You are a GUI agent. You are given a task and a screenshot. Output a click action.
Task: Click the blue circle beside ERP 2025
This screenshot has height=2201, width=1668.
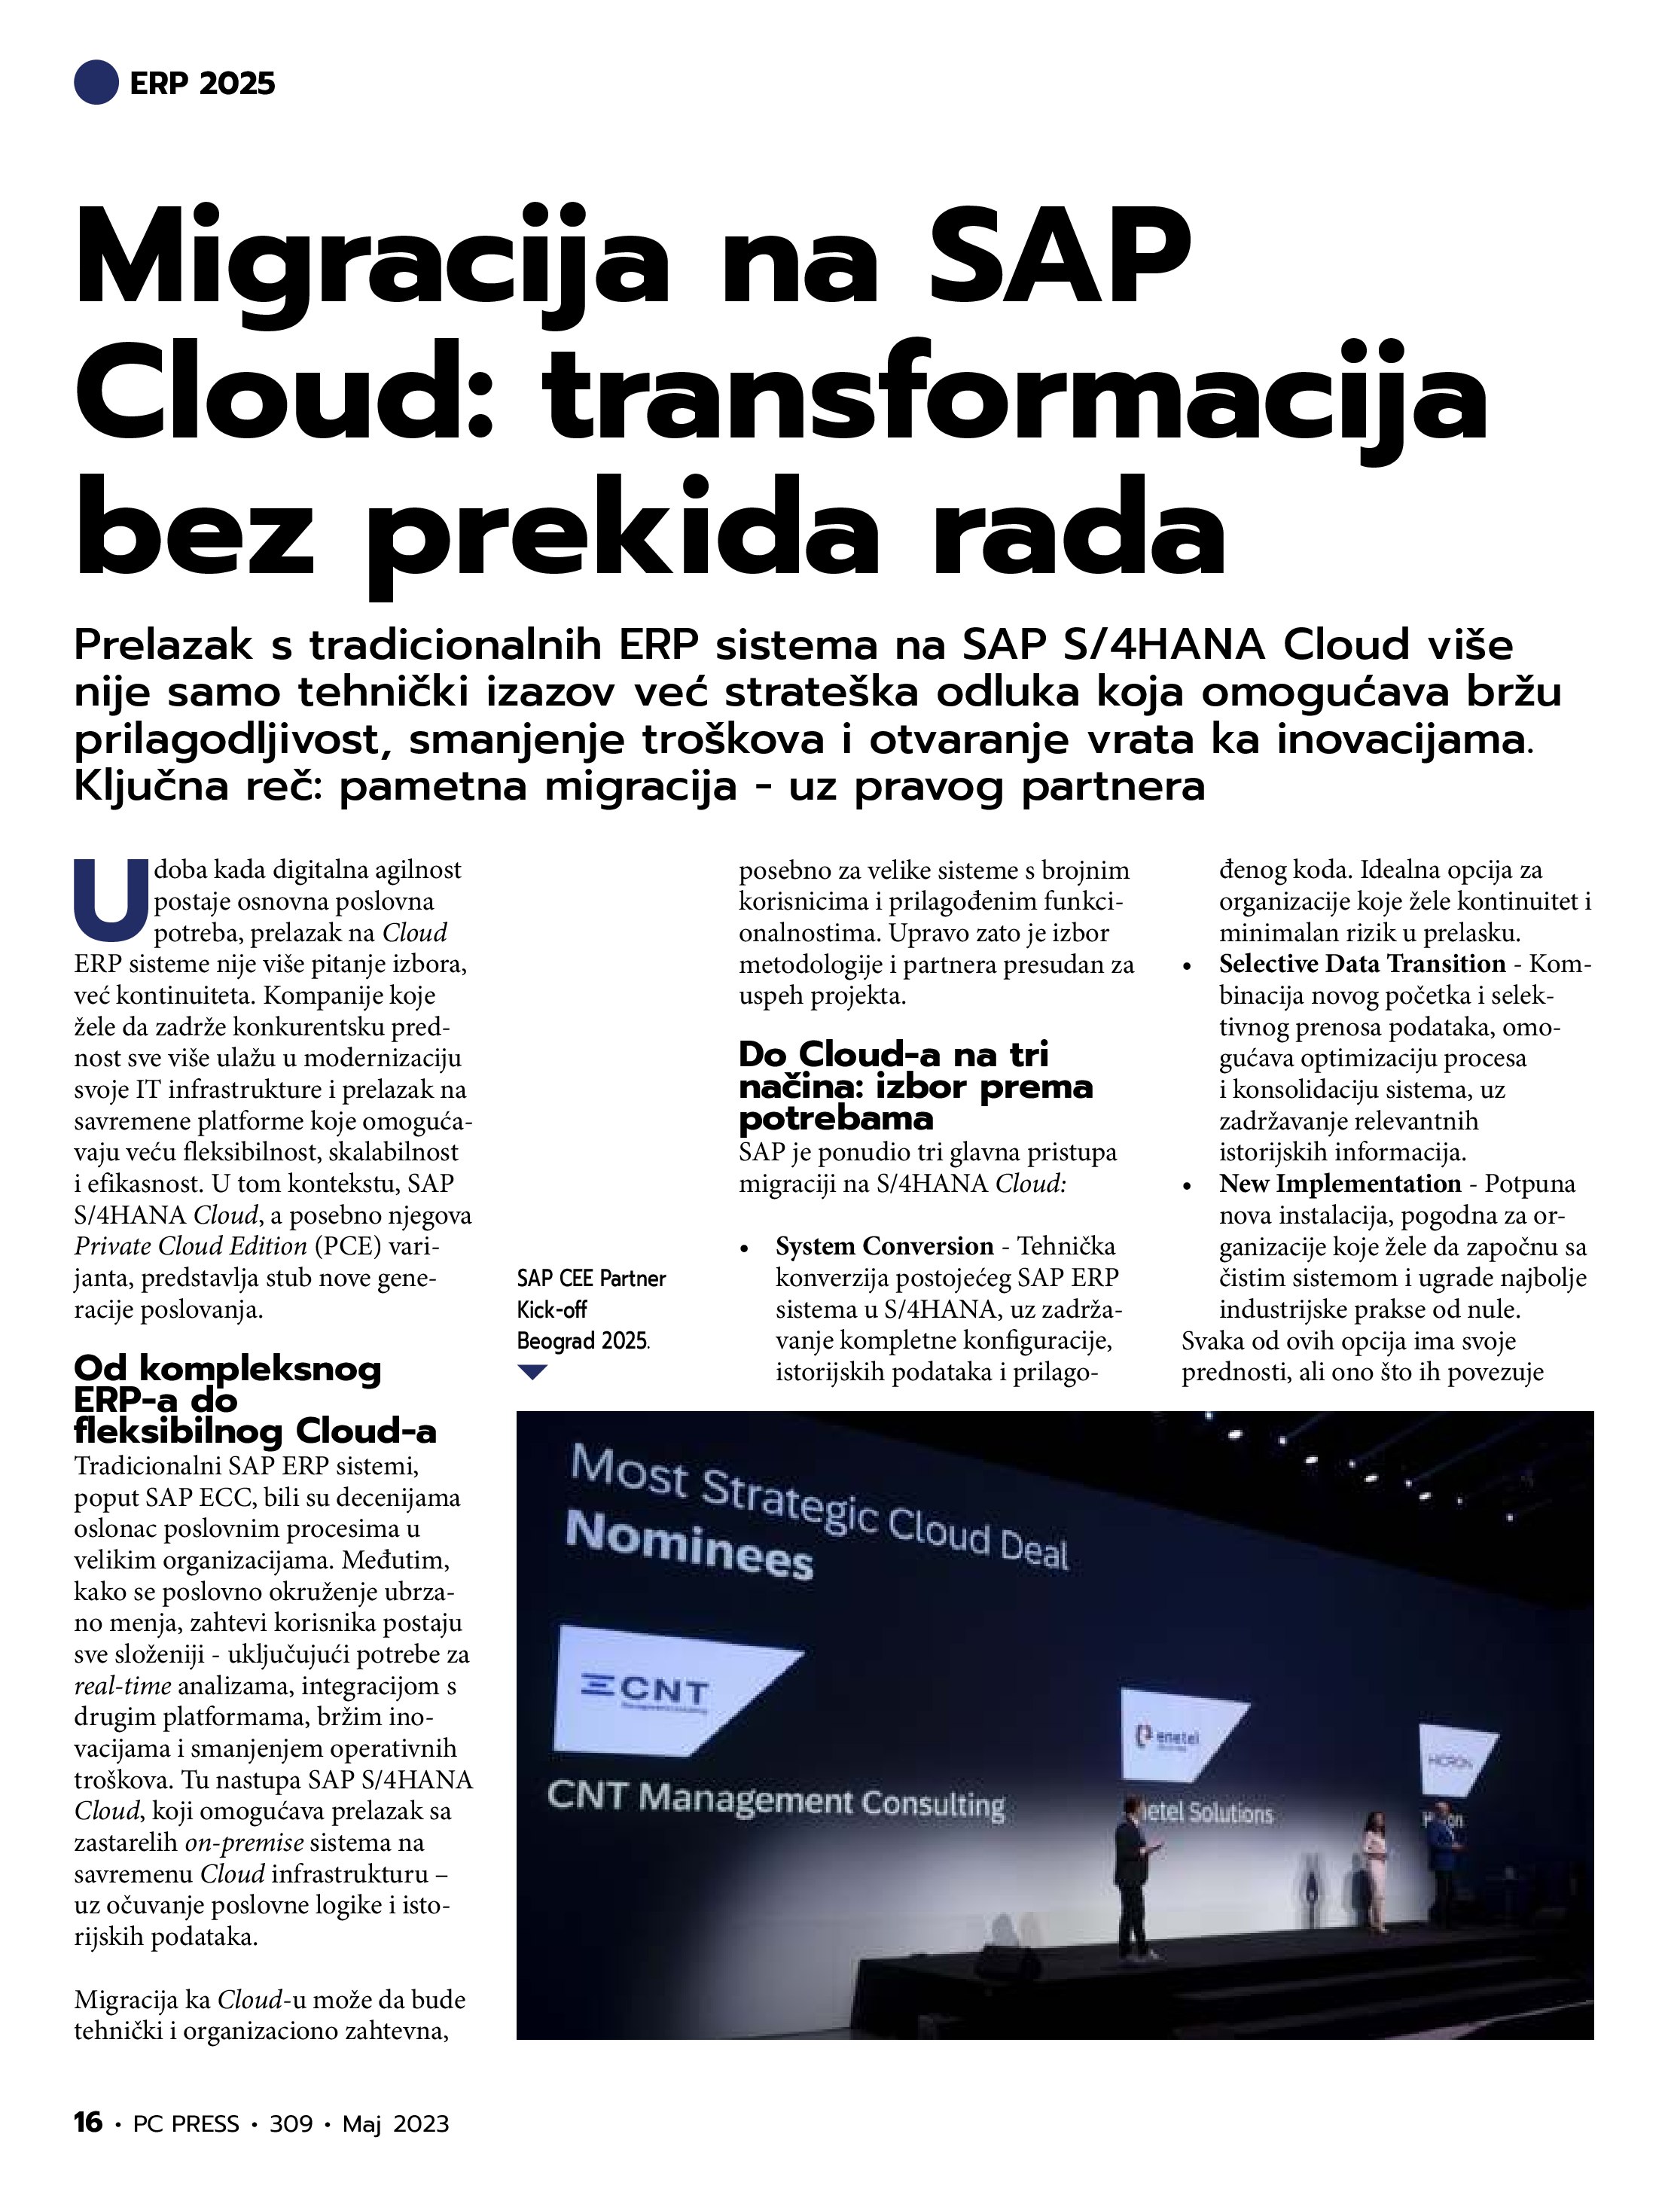click(96, 81)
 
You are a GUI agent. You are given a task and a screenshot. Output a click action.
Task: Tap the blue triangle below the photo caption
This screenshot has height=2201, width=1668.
click(532, 1372)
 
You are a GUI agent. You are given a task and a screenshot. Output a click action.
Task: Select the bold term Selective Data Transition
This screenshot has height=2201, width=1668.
click(1362, 963)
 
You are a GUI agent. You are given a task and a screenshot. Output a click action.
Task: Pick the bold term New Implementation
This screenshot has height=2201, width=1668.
click(1340, 1183)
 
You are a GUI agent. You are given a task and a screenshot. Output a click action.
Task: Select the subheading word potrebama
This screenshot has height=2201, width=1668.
click(835, 1118)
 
